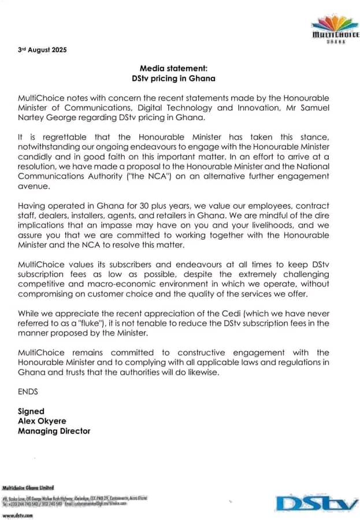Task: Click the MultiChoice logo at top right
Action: pos(335,29)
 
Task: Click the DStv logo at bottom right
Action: pos(317,502)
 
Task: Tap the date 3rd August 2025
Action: pos(42,50)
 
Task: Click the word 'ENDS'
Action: pos(28,391)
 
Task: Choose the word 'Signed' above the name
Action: pos(31,411)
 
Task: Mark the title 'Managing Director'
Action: pos(54,431)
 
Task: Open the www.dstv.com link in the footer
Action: pos(18,515)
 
